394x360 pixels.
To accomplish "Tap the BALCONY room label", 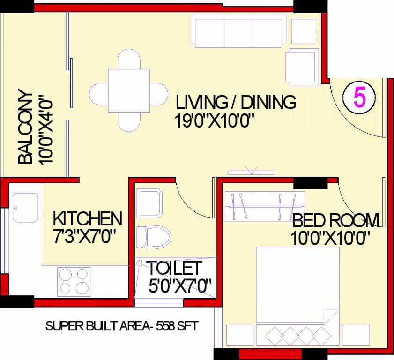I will pyautogui.click(x=25, y=127).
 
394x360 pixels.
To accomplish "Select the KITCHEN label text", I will pyautogui.click(x=87, y=218).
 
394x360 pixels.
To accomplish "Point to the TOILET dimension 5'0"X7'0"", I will pyautogui.click(x=180, y=285).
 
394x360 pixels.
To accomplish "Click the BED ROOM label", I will pyautogui.click(x=335, y=219).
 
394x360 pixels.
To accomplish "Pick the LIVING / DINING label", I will pyautogui.click(x=236, y=102).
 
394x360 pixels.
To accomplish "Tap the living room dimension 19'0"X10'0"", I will pyautogui.click(x=215, y=121).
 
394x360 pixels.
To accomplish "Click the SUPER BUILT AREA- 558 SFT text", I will pyautogui.click(x=121, y=326).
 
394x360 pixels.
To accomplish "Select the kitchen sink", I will pyautogui.click(x=25, y=207).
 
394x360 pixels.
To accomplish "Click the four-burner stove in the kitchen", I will pyautogui.click(x=74, y=281).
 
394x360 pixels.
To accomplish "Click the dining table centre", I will pyautogui.click(x=129, y=90).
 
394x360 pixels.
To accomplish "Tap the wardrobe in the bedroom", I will pyautogui.click(x=265, y=206).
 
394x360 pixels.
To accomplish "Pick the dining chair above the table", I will pyautogui.click(x=129, y=60).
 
